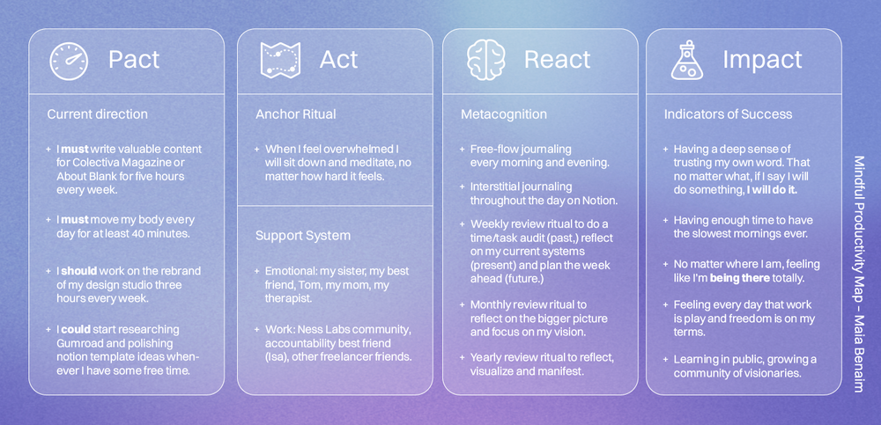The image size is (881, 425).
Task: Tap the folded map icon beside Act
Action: (x=280, y=60)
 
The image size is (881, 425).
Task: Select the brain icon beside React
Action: (x=486, y=60)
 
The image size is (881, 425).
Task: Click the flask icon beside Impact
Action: (x=688, y=60)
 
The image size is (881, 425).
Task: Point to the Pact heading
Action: (x=134, y=60)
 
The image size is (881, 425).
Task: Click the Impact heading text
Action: (x=762, y=60)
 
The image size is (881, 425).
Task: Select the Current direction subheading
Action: (x=97, y=114)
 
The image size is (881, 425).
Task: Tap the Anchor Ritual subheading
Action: (x=296, y=114)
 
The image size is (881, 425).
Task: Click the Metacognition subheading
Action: (x=504, y=114)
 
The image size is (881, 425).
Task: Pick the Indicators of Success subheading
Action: (x=728, y=114)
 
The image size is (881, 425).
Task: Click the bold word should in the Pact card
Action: (x=78, y=272)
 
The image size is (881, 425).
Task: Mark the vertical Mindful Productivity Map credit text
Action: (x=859, y=273)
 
